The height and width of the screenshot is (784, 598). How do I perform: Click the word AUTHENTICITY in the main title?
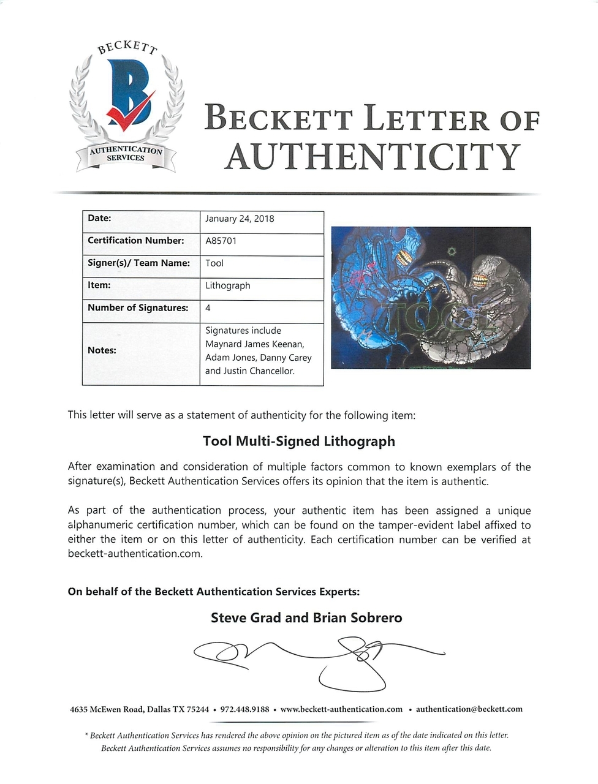coord(372,157)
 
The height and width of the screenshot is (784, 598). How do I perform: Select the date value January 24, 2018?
coord(240,219)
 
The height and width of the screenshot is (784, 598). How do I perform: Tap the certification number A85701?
coord(221,241)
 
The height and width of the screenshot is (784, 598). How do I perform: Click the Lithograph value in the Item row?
coord(227,285)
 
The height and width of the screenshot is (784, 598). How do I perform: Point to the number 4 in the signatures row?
coord(208,308)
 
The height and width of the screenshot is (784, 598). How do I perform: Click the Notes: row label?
coord(102,350)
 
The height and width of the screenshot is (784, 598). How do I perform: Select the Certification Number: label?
coord(135,241)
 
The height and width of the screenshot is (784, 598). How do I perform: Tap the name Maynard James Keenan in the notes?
coord(254,344)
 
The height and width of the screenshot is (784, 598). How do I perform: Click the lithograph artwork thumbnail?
coord(431,298)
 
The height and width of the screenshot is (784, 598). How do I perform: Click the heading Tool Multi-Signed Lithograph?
coord(299,441)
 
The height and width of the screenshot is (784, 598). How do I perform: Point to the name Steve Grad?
coord(246,617)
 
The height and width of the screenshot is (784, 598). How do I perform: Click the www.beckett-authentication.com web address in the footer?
coord(341,709)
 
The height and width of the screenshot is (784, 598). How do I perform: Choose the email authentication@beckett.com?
coord(469,709)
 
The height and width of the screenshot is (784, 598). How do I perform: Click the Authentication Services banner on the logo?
coord(126,154)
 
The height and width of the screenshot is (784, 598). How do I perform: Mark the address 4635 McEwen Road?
coord(108,709)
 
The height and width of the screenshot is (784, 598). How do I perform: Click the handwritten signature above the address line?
coord(319,658)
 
